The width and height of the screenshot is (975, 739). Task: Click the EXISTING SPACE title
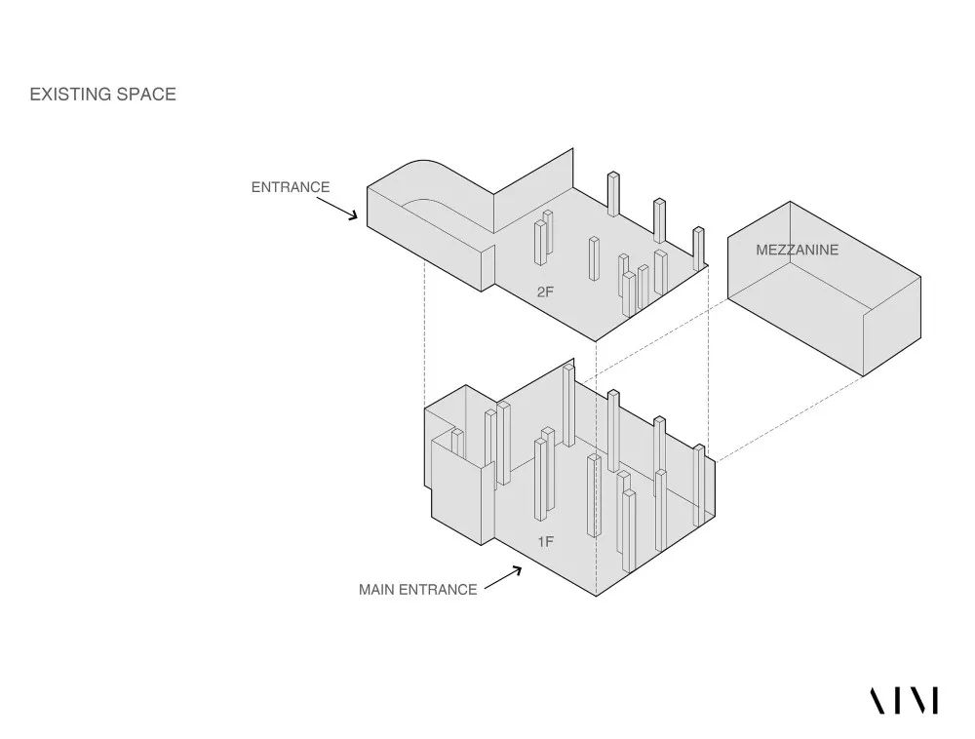tap(102, 94)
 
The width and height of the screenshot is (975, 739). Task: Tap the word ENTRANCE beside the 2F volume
tap(291, 187)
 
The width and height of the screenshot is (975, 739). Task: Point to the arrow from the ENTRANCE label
tap(337, 209)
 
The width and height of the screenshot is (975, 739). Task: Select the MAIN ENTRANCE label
tap(418, 589)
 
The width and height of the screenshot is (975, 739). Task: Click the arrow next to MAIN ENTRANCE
tap(502, 577)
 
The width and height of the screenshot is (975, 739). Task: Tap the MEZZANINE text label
tap(798, 250)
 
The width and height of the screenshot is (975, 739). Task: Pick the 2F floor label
tap(545, 292)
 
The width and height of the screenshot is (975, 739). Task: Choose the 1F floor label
tap(545, 542)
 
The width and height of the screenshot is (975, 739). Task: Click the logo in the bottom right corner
tap(904, 700)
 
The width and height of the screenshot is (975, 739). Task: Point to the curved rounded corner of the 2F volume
tap(429, 162)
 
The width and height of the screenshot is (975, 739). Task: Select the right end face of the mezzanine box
tap(892, 327)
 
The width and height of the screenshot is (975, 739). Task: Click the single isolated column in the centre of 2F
tap(594, 258)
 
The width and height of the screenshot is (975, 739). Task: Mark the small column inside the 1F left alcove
tap(457, 443)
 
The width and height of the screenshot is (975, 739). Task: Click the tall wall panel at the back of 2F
tap(533, 189)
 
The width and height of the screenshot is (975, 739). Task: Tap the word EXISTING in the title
tap(69, 94)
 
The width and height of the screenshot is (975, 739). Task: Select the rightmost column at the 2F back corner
tap(698, 248)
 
